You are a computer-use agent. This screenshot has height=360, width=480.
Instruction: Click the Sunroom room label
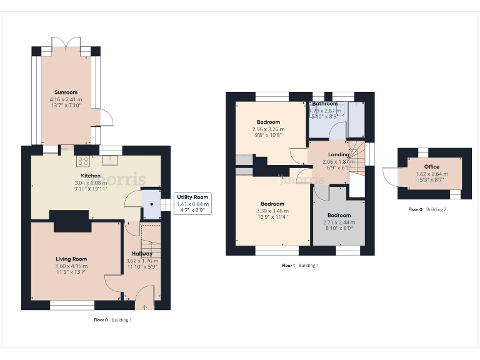click(66, 92)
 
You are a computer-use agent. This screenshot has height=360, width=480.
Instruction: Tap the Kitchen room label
click(91, 176)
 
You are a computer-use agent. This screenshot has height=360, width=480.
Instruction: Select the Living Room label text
click(71, 259)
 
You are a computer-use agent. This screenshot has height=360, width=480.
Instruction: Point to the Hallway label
click(142, 254)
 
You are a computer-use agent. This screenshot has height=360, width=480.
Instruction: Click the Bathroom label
click(325, 104)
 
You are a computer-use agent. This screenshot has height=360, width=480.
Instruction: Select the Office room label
click(432, 167)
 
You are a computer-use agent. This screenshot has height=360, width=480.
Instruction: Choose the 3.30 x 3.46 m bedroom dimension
click(272, 211)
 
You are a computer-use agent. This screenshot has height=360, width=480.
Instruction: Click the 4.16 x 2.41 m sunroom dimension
click(66, 100)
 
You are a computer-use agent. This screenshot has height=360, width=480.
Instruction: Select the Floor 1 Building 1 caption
click(300, 266)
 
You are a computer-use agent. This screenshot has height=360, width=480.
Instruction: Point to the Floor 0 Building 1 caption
click(112, 320)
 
